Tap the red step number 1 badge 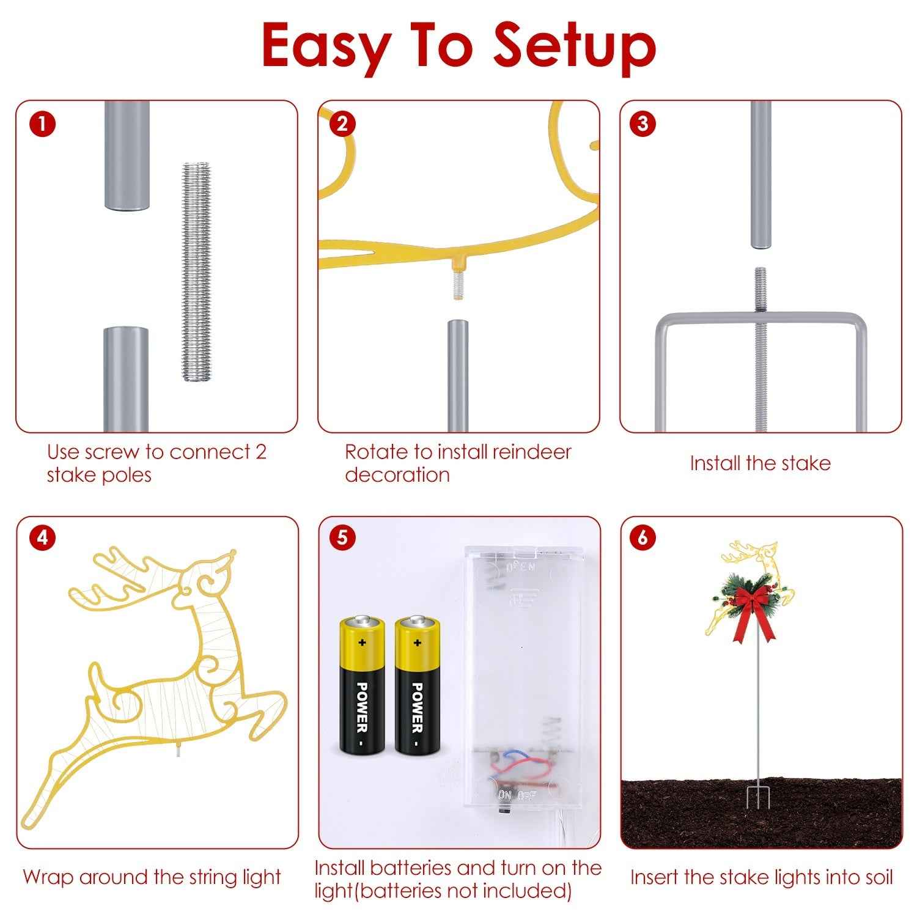[42, 124]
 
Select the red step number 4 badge [42, 538]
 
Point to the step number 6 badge [642, 538]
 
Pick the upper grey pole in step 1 [127, 156]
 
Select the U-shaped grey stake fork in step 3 [760, 367]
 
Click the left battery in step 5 [362, 685]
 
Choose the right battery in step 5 [417, 685]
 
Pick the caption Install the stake [760, 463]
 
